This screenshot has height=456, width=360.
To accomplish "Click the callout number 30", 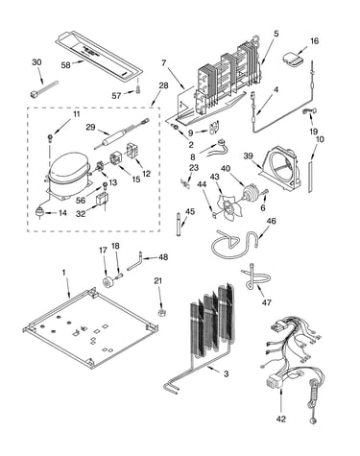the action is [x=36, y=62].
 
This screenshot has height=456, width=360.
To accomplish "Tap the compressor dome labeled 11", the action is [x=68, y=175].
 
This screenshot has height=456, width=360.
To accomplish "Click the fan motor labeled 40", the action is [x=250, y=194].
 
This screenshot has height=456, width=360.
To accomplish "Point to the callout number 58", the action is [x=65, y=65].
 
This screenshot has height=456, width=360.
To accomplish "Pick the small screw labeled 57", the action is [x=138, y=89].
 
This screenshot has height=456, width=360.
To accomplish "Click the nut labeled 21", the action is [x=161, y=312].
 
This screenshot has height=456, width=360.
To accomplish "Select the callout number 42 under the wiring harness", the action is [x=281, y=419].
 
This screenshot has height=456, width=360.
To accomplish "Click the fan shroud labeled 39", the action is [x=280, y=170].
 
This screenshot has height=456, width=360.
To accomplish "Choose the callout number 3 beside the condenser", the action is [x=227, y=373].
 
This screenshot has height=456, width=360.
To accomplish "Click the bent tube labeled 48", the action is [x=136, y=262].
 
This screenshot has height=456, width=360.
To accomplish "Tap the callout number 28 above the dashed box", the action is [x=163, y=85].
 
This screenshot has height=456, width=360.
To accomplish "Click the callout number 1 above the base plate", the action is [x=63, y=273].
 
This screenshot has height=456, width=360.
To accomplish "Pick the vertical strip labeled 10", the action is [x=310, y=178].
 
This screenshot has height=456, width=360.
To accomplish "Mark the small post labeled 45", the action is [x=179, y=224].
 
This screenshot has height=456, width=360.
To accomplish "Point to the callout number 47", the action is [x=267, y=302].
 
